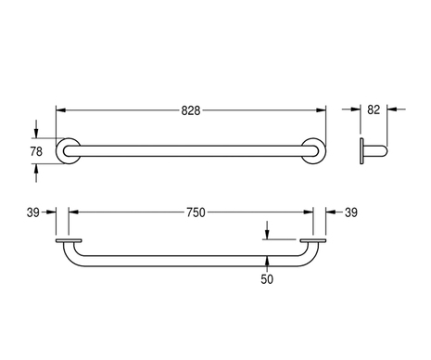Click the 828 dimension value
(191, 110)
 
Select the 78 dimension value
(36, 151)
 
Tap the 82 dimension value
(374, 109)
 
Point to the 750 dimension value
(196, 212)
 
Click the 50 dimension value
(267, 279)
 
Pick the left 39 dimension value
(33, 212)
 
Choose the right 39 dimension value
(351, 212)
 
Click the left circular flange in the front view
(58, 151)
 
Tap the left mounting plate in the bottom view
(69, 240)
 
